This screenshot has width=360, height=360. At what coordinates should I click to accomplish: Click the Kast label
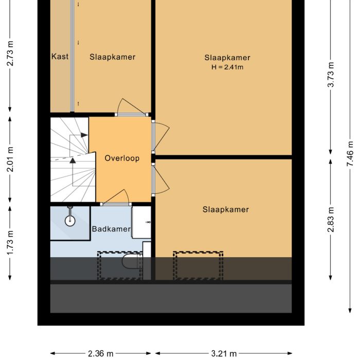pos(60,57)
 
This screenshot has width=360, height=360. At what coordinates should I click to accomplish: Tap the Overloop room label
pos(122,158)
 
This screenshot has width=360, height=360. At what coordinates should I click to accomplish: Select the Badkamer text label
pos(111,229)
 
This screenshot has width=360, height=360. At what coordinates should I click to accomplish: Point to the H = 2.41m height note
pos(227,67)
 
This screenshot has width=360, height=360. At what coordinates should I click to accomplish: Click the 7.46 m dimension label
pos(350,153)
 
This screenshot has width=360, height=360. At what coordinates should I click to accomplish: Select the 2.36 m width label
pos(101,353)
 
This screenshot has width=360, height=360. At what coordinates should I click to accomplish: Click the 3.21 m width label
pos(224,353)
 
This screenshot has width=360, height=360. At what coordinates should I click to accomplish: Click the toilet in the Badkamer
pos(132,263)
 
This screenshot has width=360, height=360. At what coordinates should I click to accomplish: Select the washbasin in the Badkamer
pos(141,222)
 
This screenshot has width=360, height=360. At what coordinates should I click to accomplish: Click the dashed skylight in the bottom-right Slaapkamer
pos(198,265)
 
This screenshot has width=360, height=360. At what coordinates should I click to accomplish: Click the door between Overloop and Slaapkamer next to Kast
pos(131,106)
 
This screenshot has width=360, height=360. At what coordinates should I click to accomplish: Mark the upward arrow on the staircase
pos(73,160)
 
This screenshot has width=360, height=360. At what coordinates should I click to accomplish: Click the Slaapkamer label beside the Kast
pos(112,57)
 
